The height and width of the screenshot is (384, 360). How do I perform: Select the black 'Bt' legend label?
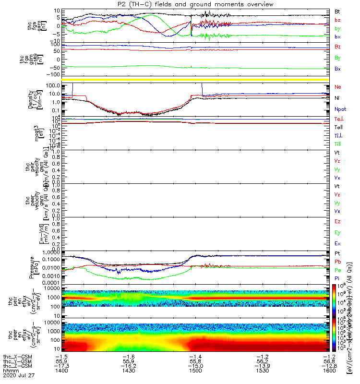[x=337, y=11]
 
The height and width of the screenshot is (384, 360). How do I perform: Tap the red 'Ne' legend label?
[x=337, y=87]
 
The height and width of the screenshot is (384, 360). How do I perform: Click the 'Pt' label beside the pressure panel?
[x=337, y=252]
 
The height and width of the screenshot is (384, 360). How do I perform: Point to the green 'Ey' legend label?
[x=337, y=232]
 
